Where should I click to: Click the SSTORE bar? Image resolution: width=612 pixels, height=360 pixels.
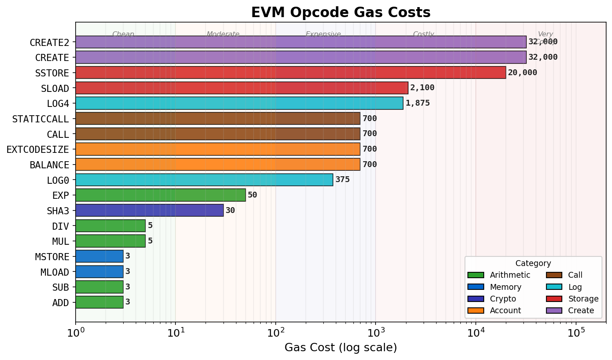click(290, 73)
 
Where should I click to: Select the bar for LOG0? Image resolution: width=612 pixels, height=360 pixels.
click(204, 180)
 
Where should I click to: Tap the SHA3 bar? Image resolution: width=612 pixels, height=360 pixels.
click(149, 210)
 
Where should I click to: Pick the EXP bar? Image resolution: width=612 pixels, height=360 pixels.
click(160, 195)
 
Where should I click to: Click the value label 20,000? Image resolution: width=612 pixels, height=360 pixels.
click(522, 73)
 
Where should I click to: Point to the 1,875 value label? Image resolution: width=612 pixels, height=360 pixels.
click(417, 103)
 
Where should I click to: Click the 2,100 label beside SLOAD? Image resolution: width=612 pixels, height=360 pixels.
click(422, 88)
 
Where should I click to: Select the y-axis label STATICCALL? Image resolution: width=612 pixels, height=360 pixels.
click(41, 119)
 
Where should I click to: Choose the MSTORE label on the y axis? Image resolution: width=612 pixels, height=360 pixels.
click(52, 257)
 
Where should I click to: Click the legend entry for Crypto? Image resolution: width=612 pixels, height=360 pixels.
click(503, 299)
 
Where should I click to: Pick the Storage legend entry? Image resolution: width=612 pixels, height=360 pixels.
click(583, 299)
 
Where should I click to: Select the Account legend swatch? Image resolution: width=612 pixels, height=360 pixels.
click(475, 311)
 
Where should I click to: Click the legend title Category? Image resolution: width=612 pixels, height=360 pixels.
click(533, 264)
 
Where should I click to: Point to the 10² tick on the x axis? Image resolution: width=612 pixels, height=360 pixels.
click(276, 332)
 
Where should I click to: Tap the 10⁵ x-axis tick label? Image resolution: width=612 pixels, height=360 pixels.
click(576, 332)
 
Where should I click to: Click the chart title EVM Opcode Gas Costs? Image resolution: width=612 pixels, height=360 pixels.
click(340, 13)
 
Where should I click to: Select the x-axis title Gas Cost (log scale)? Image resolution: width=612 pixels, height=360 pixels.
click(340, 347)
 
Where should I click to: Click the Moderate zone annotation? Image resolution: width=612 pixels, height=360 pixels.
click(223, 34)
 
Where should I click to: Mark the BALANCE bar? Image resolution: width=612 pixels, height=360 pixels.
click(218, 165)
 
